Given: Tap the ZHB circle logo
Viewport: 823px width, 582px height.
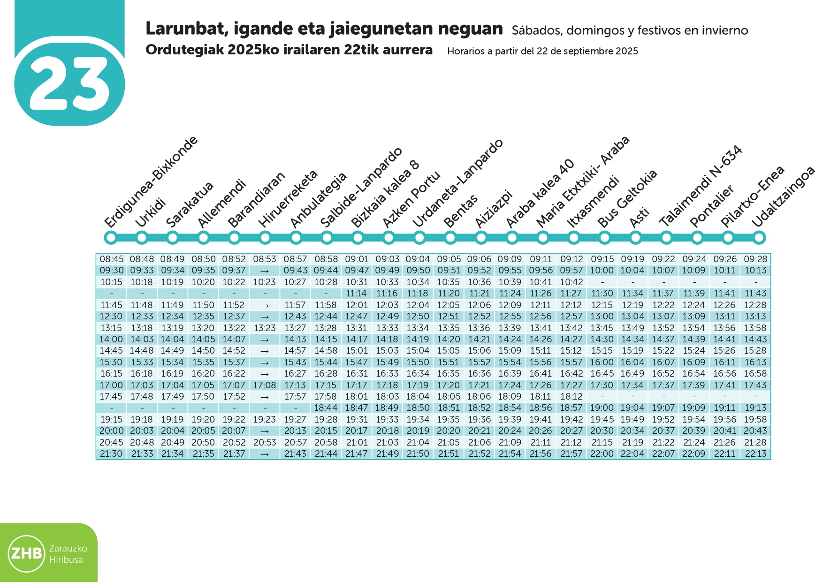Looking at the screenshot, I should click(26, 553).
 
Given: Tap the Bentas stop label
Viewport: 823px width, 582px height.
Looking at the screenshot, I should click(460, 211).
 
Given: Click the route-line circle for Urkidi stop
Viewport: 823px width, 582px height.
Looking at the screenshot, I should click(142, 238).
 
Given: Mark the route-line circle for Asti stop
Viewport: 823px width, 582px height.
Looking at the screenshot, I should click(636, 238).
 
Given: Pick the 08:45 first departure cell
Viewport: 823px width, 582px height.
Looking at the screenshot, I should click(112, 259).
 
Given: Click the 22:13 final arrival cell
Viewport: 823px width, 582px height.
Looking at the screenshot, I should click(755, 454).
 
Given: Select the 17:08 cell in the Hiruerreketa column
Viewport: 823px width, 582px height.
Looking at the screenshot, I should click(265, 385).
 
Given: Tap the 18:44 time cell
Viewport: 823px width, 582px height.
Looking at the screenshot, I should click(326, 408).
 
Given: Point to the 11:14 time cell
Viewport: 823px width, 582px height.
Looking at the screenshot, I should click(356, 294).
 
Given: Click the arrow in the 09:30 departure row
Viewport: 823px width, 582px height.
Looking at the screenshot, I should click(265, 271).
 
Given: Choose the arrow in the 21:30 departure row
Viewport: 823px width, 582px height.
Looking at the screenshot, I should click(265, 454).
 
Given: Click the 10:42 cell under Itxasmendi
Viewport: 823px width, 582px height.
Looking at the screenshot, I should click(572, 282).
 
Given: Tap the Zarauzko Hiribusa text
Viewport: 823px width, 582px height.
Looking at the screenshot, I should click(68, 554).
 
